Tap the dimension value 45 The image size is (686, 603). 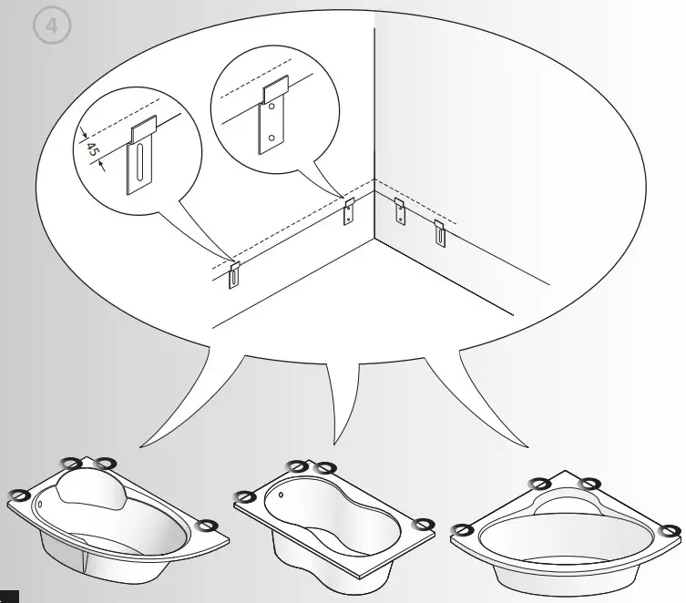click(93, 148)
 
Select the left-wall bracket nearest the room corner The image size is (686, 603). click(348, 211)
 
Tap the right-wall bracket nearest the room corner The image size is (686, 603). click(400, 211)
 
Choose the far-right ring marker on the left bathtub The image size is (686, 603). click(208, 525)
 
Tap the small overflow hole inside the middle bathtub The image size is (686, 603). click(282, 497)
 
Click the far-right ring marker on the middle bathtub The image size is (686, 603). click(422, 523)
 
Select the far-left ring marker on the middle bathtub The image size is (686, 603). click(244, 496)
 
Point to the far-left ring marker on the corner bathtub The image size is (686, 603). click(463, 529)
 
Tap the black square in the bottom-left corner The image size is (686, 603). click(8, 597)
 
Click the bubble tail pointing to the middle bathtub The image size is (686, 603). click(341, 401)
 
